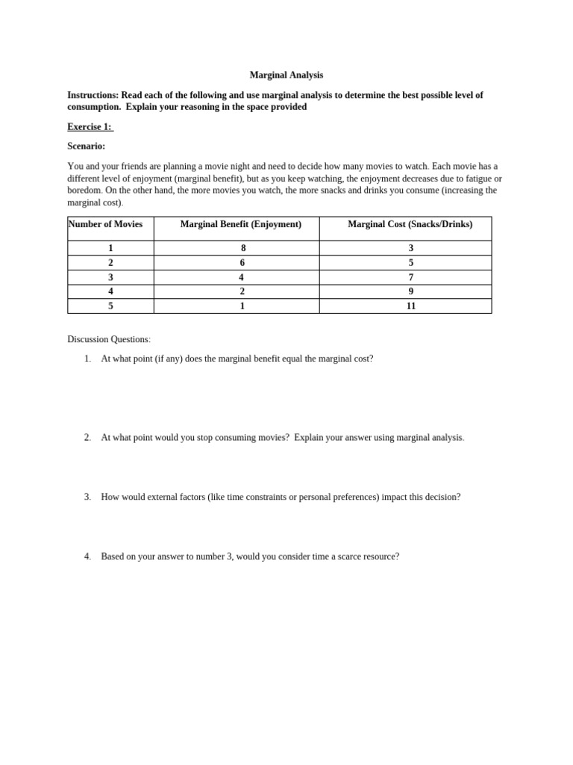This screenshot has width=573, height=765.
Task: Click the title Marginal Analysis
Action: click(286, 75)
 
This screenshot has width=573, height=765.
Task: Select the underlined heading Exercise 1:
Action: click(90, 127)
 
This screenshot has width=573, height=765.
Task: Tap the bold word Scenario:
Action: click(86, 146)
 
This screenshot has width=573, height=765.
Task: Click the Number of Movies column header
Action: click(105, 224)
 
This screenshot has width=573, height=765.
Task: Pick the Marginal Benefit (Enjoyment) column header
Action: click(241, 224)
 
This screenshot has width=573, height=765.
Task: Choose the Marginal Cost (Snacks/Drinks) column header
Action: click(410, 224)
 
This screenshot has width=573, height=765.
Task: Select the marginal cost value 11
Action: click(410, 306)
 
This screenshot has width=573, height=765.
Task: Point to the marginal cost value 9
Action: click(410, 291)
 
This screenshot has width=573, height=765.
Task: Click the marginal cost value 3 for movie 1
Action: click(410, 248)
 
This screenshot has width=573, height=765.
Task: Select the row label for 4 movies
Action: click(110, 291)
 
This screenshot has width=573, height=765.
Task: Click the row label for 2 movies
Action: click(110, 263)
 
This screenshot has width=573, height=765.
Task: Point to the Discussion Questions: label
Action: click(109, 339)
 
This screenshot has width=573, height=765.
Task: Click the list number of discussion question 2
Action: click(87, 438)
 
